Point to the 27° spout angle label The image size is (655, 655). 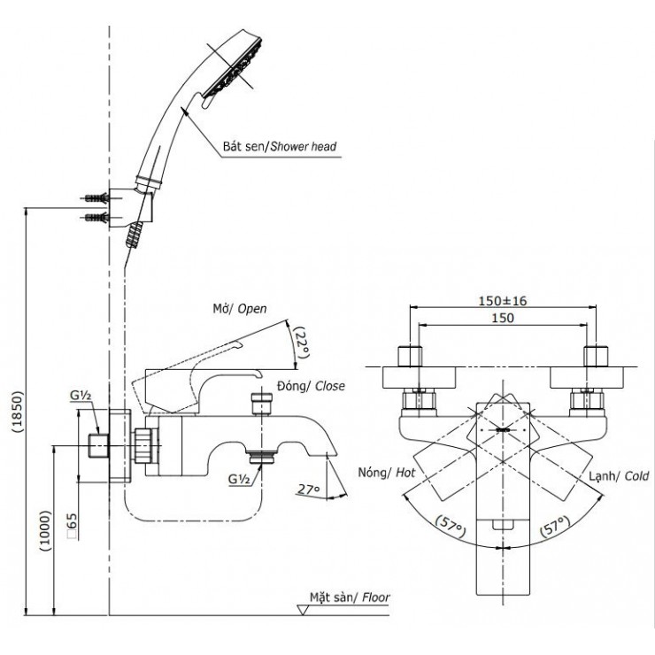click(x=307, y=488)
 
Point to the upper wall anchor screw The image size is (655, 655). click(x=96, y=196)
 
